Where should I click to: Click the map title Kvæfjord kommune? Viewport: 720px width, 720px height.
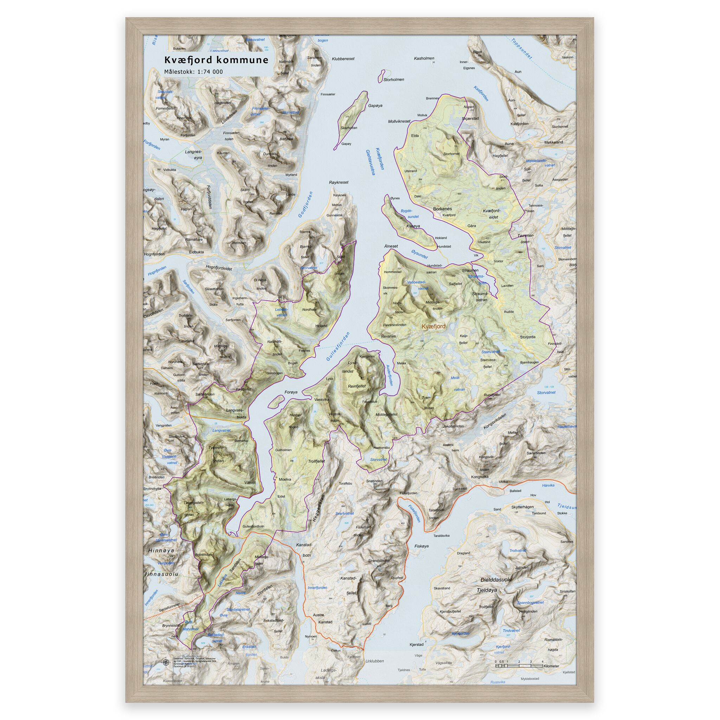pyautogui.click(x=216, y=60)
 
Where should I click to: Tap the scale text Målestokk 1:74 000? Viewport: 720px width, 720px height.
pyautogui.click(x=194, y=72)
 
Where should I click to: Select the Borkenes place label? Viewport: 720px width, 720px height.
pyautogui.click(x=443, y=209)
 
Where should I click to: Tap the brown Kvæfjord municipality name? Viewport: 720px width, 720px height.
pyautogui.click(x=433, y=327)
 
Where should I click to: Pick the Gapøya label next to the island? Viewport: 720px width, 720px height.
pyautogui.click(x=375, y=106)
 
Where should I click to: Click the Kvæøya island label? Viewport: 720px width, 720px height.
pyautogui.click(x=413, y=226)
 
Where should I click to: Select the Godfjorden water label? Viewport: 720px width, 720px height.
pyautogui.click(x=305, y=205)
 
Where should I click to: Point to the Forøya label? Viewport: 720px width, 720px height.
pyautogui.click(x=291, y=392)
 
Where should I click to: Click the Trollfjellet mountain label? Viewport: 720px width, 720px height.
pyautogui.click(x=316, y=461)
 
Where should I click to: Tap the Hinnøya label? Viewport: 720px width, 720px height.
pyautogui.click(x=161, y=550)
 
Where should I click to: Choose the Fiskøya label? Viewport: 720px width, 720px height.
pyautogui.click(x=422, y=546)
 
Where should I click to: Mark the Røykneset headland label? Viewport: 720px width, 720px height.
pyautogui.click(x=339, y=182)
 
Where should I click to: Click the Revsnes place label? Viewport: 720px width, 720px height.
pyautogui.click(x=389, y=336)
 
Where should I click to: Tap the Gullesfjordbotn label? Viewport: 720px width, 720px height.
pyautogui.click(x=253, y=527)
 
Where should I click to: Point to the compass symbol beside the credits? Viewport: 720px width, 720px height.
pyautogui.click(x=166, y=663)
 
